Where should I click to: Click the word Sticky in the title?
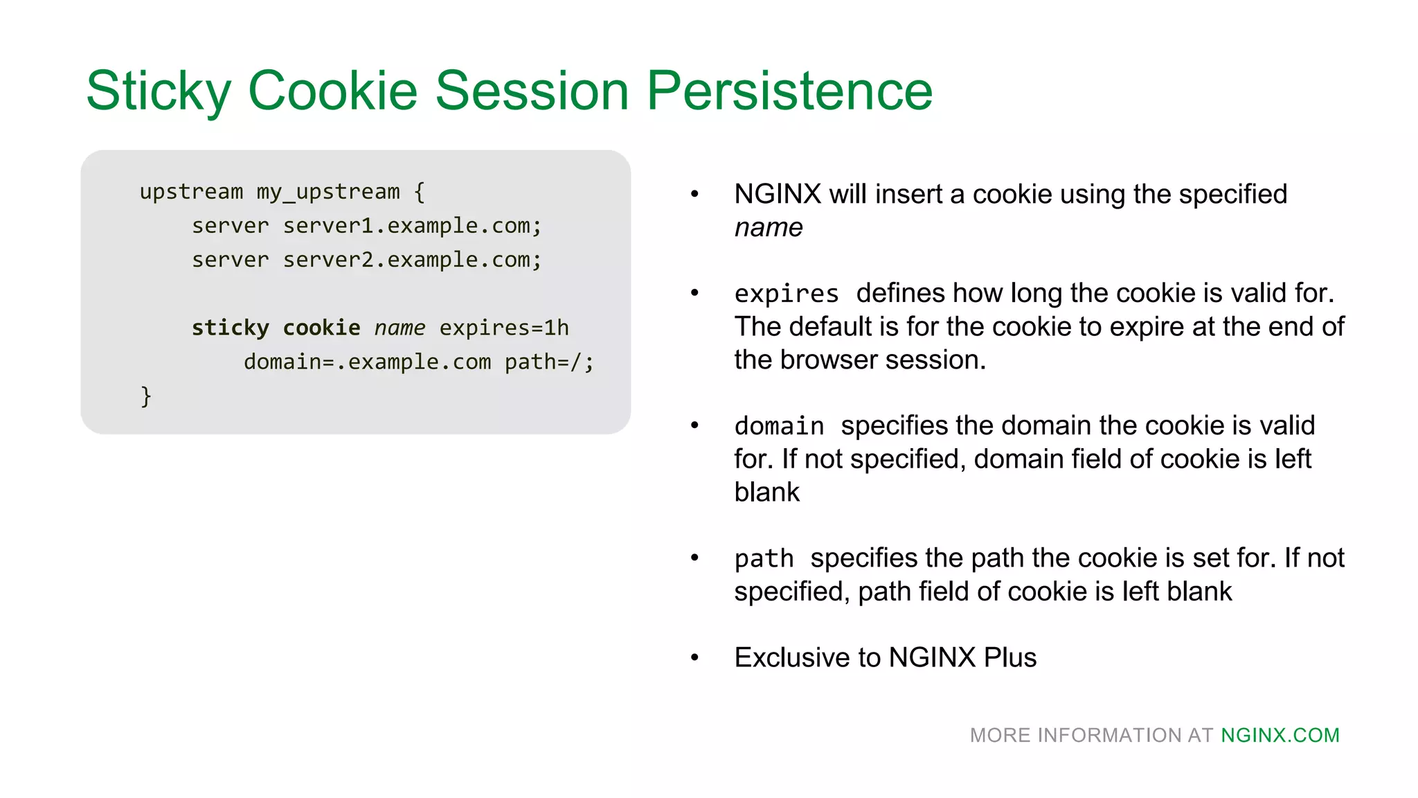click(x=158, y=91)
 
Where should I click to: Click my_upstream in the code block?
click(x=328, y=192)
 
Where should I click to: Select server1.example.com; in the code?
click(x=412, y=226)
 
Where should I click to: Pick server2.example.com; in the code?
click(x=412, y=260)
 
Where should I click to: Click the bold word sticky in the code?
click(x=230, y=328)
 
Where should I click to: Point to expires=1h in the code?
click(x=504, y=328)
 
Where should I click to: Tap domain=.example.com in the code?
click(x=367, y=362)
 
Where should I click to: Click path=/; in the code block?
click(x=549, y=362)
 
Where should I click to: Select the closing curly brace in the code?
click(x=145, y=396)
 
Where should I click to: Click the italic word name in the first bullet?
click(x=768, y=228)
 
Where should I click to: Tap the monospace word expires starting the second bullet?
click(x=787, y=294)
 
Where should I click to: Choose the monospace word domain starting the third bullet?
click(x=779, y=426)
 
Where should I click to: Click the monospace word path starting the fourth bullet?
click(x=764, y=558)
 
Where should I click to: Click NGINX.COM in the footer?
click(x=1280, y=735)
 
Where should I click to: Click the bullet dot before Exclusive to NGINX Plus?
click(x=694, y=657)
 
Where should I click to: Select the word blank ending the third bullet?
click(x=766, y=493)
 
